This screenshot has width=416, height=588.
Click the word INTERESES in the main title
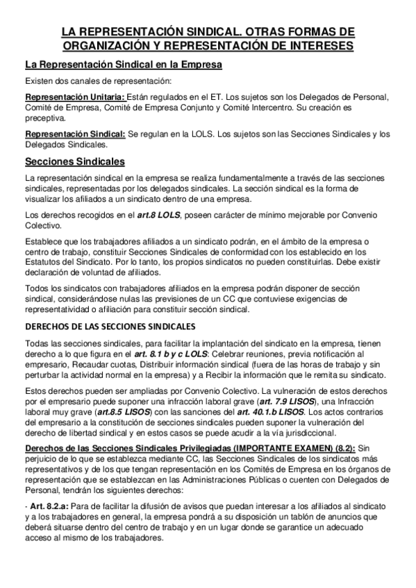[317, 46]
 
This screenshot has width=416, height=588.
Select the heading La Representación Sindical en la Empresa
[123, 66]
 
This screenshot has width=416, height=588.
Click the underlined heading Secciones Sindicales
[74, 162]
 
